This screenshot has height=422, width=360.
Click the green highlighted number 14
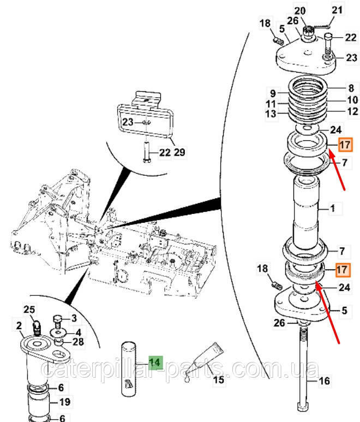tap(155, 361)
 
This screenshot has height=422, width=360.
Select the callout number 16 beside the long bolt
tap(324, 381)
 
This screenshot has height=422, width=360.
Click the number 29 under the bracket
tap(179, 152)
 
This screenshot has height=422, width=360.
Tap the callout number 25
tap(29, 310)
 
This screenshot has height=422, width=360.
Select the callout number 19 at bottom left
tap(64, 403)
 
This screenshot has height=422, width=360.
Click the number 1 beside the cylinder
tap(333, 209)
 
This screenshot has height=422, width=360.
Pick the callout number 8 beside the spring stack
tap(350, 88)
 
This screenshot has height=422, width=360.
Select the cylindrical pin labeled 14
tap(129, 368)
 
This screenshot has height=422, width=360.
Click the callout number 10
tap(352, 100)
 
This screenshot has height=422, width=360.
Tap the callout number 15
tap(218, 380)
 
